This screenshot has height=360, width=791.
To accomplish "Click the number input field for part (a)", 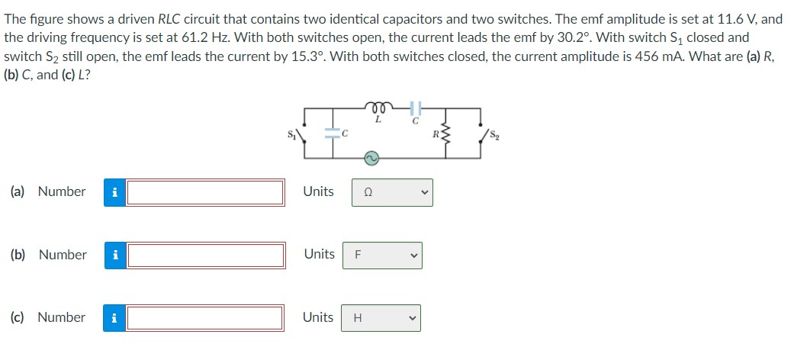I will pyautogui.click(x=205, y=192).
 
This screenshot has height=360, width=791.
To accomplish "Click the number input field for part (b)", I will pyautogui.click(x=205, y=256).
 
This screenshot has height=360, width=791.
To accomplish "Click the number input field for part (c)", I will pyautogui.click(x=205, y=318).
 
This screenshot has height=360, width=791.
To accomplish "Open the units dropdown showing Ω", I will pyautogui.click(x=391, y=192).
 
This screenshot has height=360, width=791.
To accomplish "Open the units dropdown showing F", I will pyautogui.click(x=381, y=256).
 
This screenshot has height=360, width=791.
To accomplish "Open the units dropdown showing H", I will pyautogui.click(x=381, y=318).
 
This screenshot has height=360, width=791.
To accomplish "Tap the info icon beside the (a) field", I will pyautogui.click(x=114, y=192).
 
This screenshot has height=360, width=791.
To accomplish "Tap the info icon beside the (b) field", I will pyautogui.click(x=114, y=256).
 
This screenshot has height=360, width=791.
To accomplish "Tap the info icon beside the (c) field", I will pyautogui.click(x=114, y=318).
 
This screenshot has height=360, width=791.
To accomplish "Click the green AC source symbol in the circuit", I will pyautogui.click(x=370, y=158).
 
